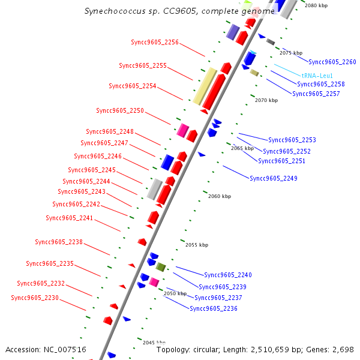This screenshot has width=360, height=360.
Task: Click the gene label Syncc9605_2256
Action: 155,42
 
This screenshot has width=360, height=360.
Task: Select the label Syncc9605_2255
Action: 143,65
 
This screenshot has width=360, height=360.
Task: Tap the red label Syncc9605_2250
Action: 120,110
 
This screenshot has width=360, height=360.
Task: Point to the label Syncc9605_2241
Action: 70,218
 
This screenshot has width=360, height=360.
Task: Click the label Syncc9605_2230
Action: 35,298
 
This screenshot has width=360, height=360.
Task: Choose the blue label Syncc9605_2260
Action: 332,62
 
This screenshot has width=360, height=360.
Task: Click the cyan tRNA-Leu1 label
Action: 317,76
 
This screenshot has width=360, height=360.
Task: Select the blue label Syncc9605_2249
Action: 274,178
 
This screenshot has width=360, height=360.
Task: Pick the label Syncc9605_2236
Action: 214,308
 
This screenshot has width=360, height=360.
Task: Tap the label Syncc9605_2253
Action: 292,140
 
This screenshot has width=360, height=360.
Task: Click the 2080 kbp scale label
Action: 316,5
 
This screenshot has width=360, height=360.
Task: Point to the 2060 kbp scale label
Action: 220,196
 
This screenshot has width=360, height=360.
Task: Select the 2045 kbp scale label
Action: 154,342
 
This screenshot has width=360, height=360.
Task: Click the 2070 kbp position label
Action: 266,100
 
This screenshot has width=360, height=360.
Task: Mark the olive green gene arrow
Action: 161,267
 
